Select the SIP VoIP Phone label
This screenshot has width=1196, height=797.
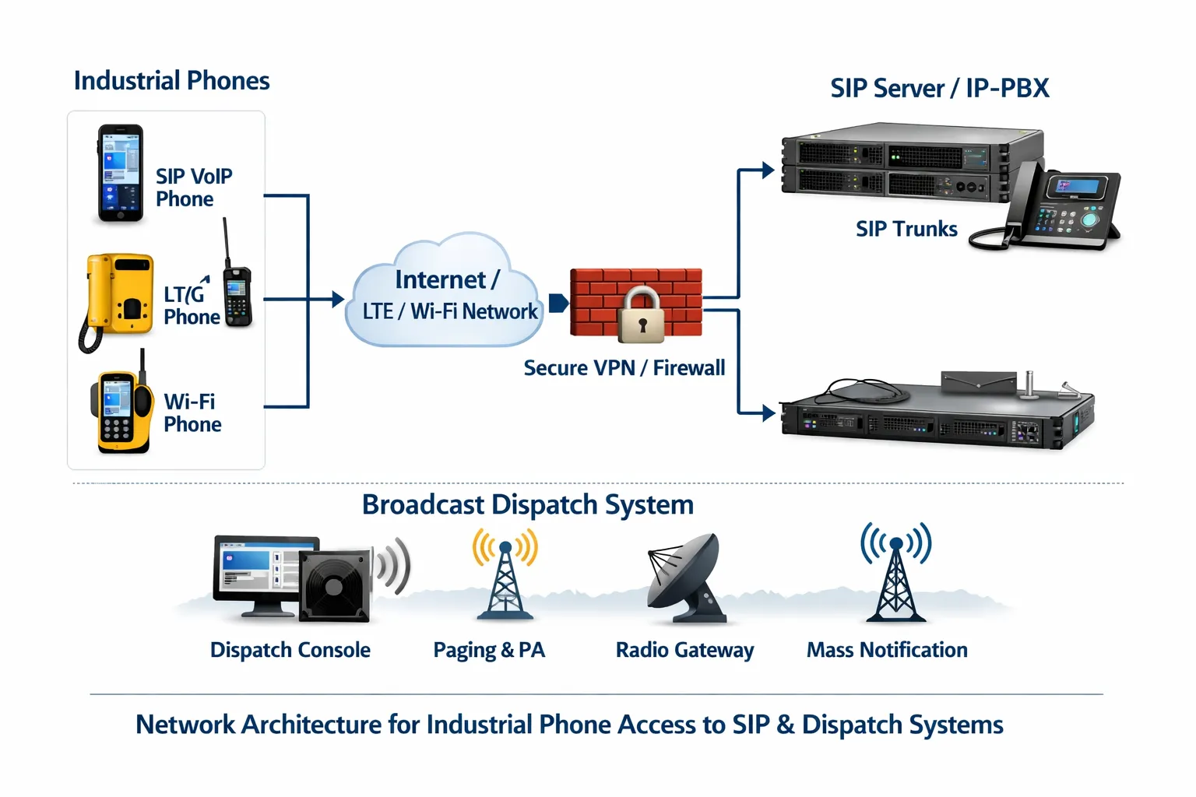tap(194, 188)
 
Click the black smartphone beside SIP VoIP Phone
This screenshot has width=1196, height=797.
tap(120, 174)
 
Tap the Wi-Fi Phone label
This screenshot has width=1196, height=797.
tap(192, 413)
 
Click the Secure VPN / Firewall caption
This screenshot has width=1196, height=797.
tap(624, 368)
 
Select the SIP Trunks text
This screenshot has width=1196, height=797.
tap(906, 229)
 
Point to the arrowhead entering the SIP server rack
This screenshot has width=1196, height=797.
tap(768, 170)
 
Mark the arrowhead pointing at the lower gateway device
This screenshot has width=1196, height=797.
tap(768, 413)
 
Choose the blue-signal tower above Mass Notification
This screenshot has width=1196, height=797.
tap(895, 576)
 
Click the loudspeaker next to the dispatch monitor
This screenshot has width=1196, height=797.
tap(336, 585)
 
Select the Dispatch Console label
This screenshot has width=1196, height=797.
tap(290, 650)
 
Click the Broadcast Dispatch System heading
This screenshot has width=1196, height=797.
tap(527, 505)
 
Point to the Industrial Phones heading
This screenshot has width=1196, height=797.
tap(171, 81)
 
